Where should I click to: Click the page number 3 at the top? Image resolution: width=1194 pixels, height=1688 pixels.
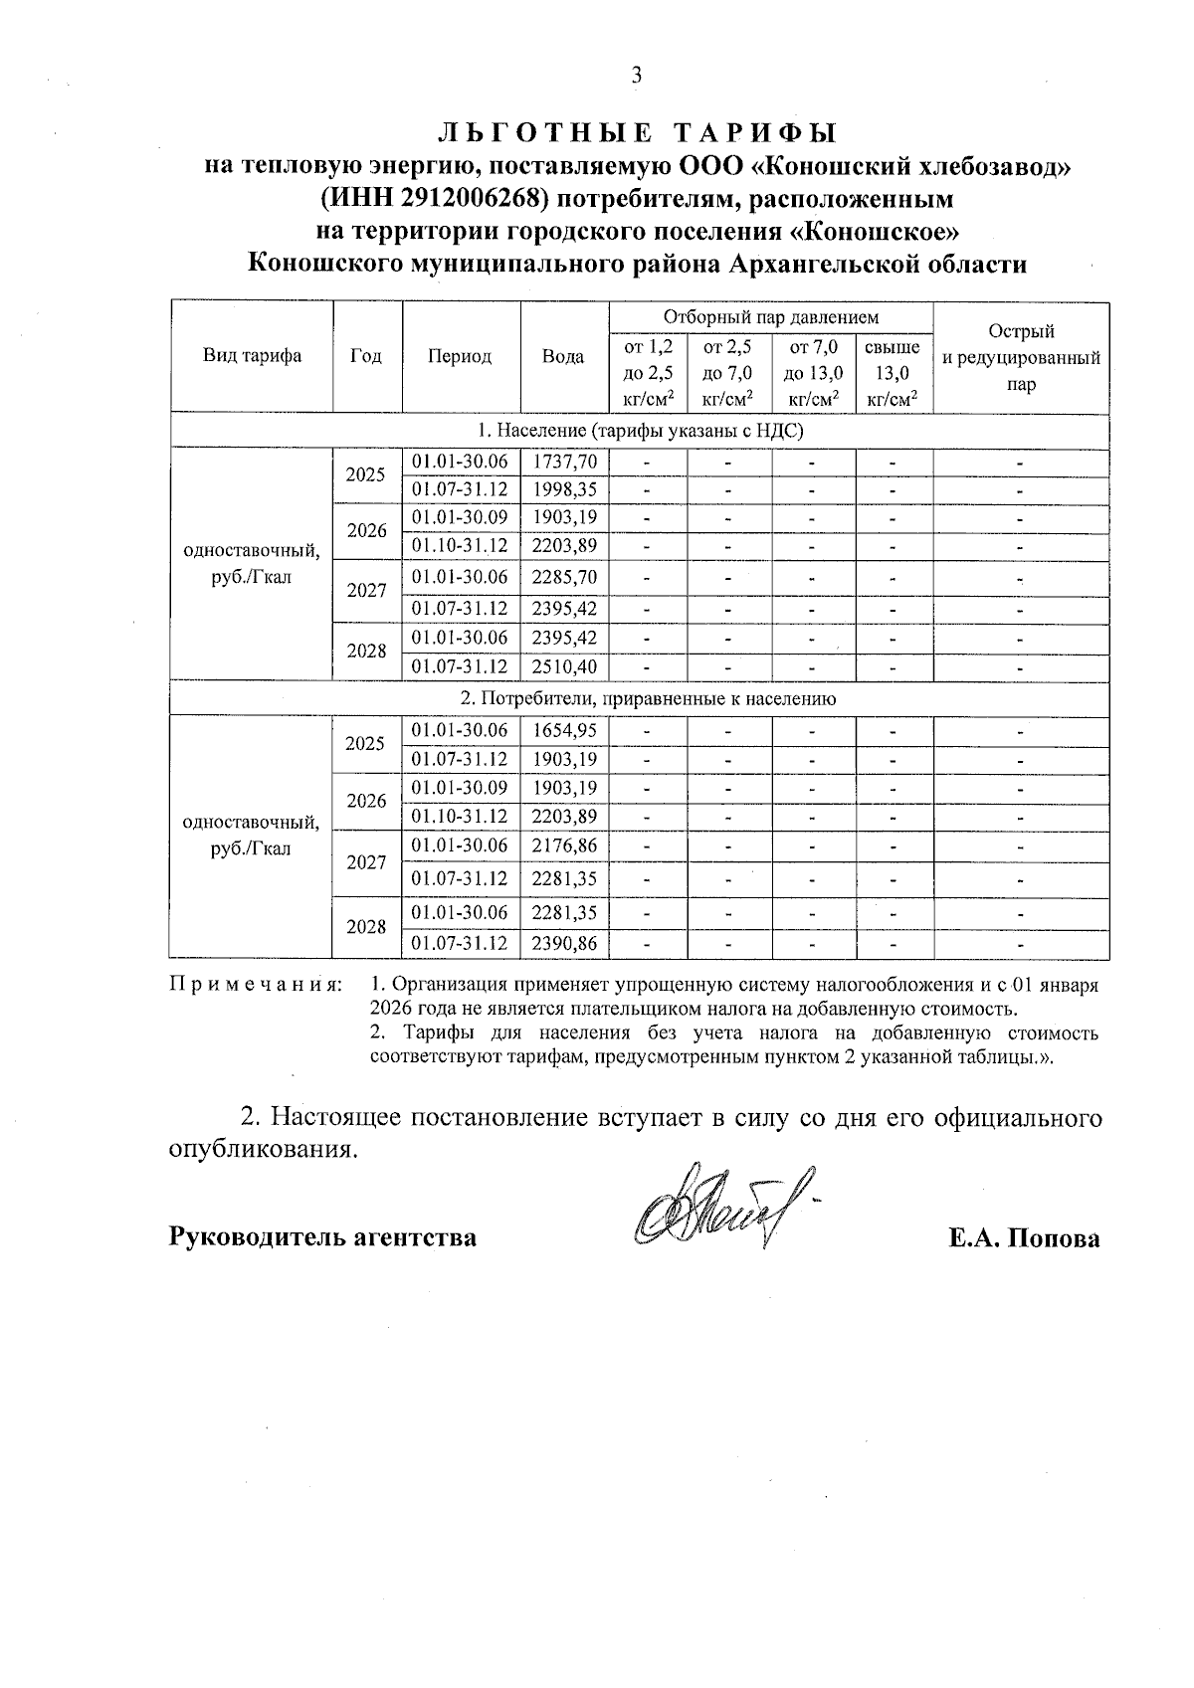tap(637, 76)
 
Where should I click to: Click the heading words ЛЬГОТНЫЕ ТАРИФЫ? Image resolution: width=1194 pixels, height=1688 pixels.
tap(637, 133)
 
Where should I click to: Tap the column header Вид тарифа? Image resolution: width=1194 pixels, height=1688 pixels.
tap(253, 356)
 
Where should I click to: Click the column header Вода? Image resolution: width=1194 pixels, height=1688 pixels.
tap(563, 356)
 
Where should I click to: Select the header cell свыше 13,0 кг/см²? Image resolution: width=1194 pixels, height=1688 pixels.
tap(893, 373)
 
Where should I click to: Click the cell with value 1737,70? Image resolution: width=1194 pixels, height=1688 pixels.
tap(564, 462)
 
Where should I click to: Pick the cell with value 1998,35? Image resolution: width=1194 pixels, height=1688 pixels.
tap(564, 490)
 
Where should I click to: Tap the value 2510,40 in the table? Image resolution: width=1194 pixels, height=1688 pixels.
tap(564, 666)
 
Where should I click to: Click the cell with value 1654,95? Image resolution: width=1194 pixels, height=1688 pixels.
tap(564, 730)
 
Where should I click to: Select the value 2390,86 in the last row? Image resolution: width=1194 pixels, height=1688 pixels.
tap(564, 943)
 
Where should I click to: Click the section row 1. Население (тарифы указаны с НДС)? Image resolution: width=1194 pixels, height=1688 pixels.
tap(639, 431)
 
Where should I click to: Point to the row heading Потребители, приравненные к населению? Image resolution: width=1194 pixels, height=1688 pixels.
tap(639, 698)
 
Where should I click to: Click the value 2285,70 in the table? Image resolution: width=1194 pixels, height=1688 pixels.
tap(564, 577)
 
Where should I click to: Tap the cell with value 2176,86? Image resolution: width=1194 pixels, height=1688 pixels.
tap(564, 845)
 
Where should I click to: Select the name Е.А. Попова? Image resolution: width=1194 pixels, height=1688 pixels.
tap(1024, 1238)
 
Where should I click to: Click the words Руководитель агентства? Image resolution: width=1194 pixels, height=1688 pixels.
tap(322, 1238)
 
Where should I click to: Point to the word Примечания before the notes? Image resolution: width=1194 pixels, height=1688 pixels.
tap(256, 985)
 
